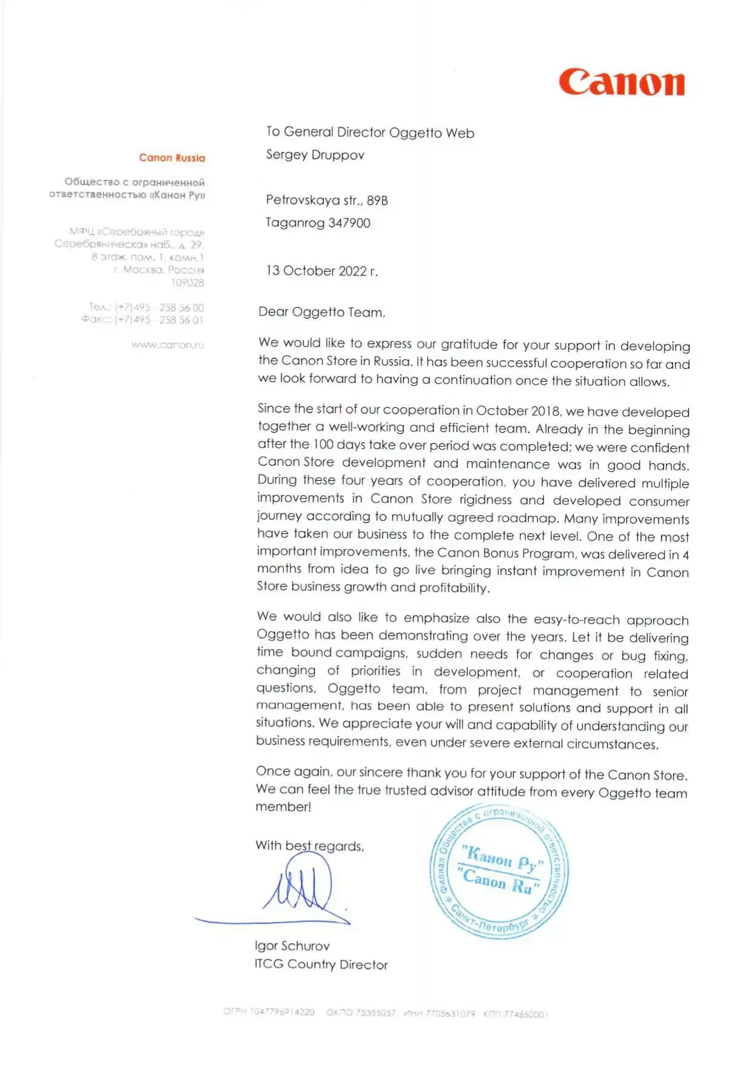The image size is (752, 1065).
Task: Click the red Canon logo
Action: tap(622, 83)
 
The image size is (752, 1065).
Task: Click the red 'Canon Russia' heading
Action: tap(172, 158)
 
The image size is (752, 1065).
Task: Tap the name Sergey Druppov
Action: tap(315, 155)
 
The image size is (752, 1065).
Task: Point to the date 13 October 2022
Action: tap(321, 271)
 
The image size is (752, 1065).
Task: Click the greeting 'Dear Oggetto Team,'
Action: tap(321, 312)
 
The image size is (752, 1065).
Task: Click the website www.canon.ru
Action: tap(167, 345)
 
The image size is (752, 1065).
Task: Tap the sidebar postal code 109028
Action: tap(187, 282)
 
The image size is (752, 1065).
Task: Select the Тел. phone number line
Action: tap(147, 307)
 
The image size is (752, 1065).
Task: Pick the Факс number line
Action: tap(143, 320)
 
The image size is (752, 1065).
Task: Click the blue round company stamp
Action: tap(499, 871)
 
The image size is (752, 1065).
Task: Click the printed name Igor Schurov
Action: tap(292, 945)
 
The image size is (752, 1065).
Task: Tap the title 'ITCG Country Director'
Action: tap(321, 964)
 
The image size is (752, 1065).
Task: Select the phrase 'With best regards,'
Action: tap(309, 845)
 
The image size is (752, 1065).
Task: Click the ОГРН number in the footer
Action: tap(269, 1012)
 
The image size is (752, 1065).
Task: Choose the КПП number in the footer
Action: tap(515, 1014)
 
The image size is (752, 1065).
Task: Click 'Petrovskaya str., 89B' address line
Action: tap(326, 200)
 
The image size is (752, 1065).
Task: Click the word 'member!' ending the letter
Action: tap(283, 806)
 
